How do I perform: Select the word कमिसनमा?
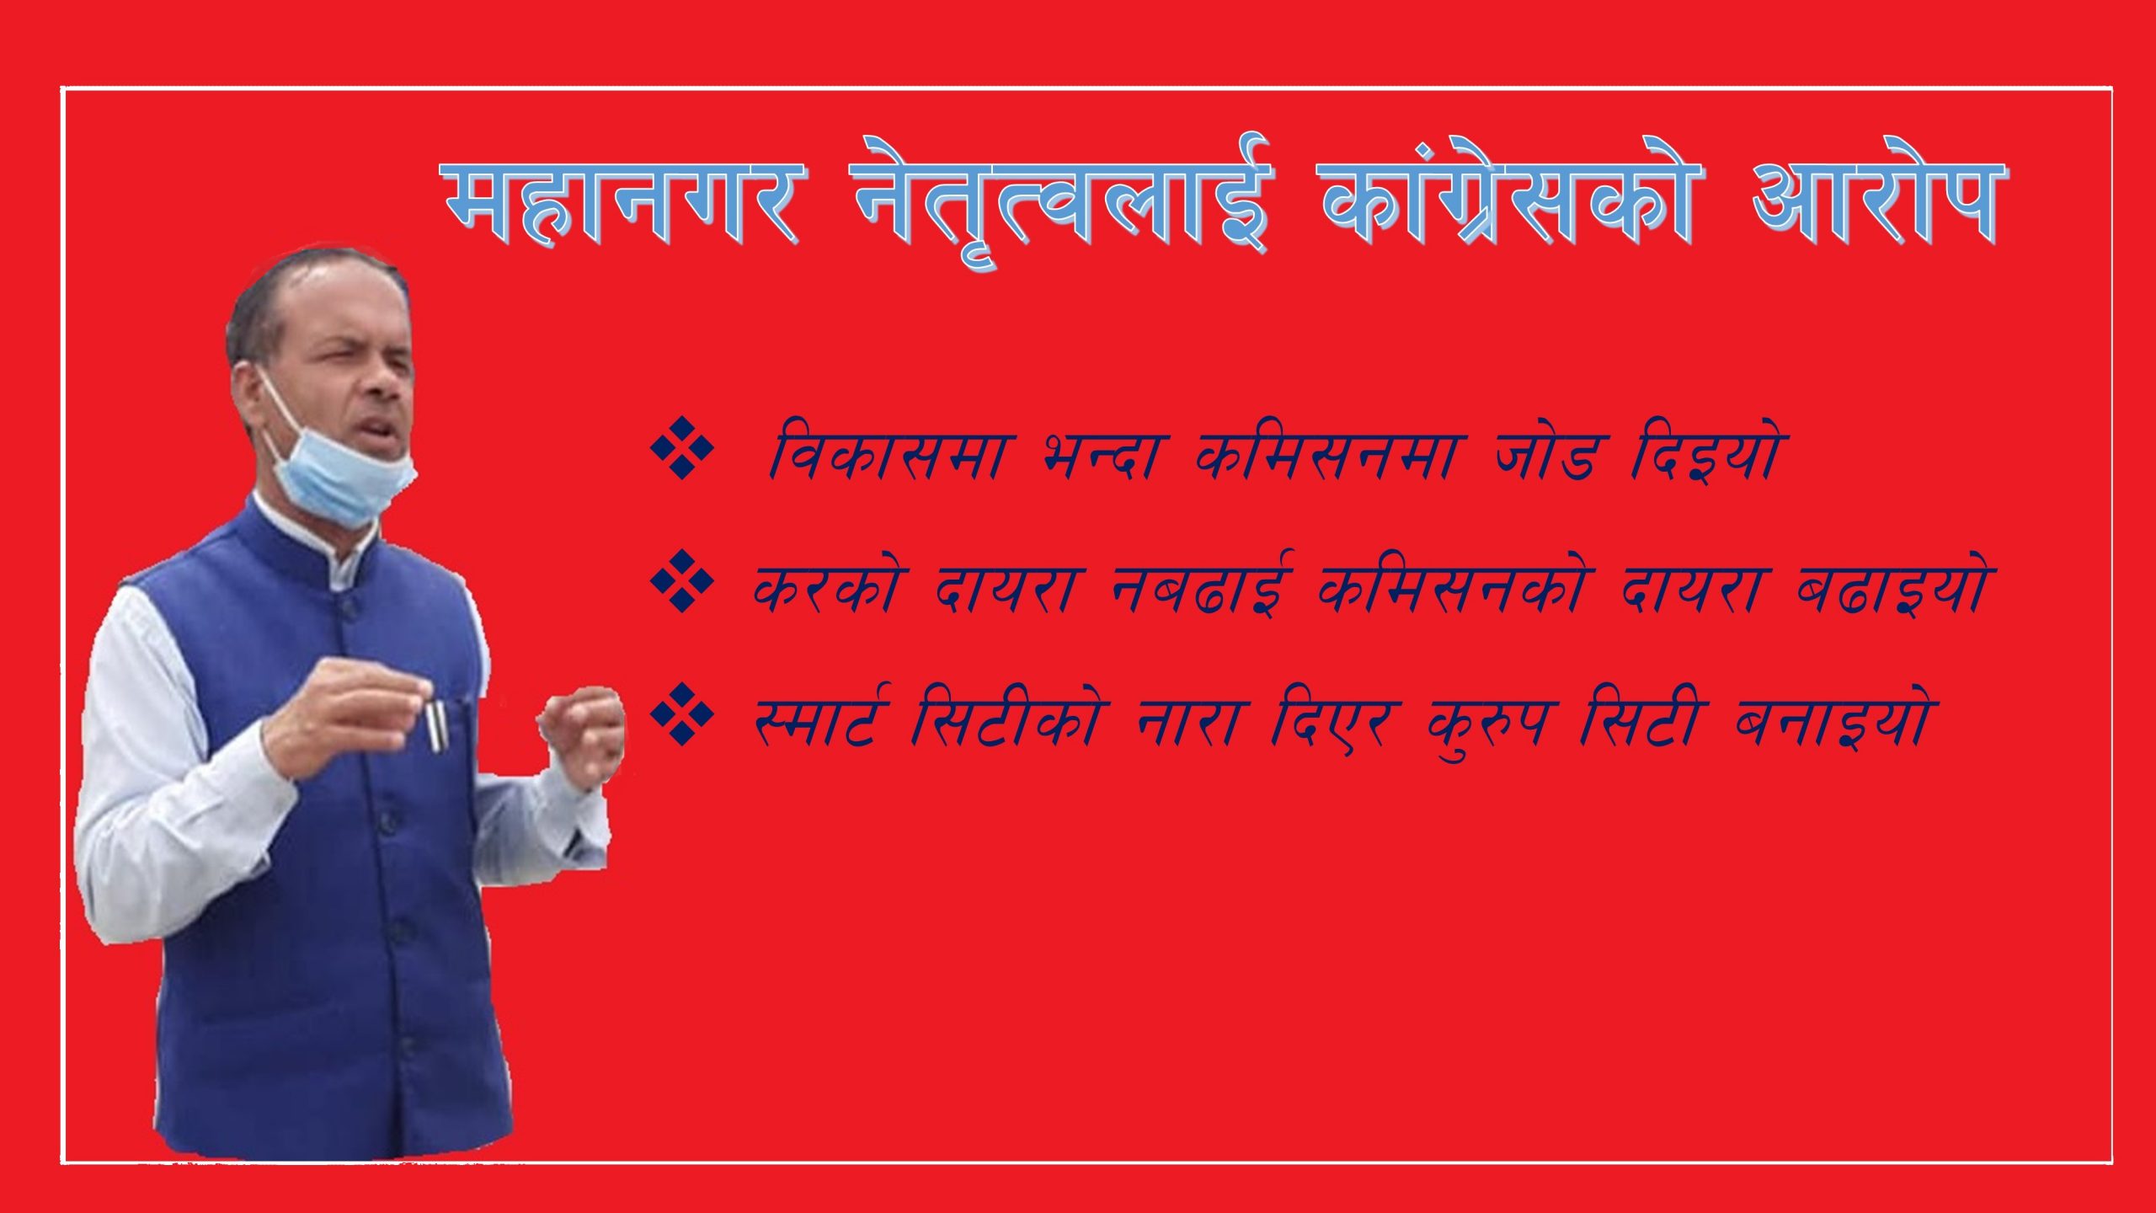(1331, 456)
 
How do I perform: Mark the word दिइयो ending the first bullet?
(1705, 456)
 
